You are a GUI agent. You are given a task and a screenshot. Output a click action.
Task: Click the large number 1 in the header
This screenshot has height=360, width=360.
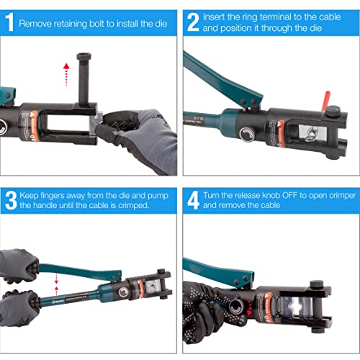(x=9, y=22)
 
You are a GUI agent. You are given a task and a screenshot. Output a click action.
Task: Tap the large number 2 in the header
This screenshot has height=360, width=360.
(x=193, y=22)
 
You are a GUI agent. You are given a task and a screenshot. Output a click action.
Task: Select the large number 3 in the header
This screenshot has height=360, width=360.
(x=11, y=200)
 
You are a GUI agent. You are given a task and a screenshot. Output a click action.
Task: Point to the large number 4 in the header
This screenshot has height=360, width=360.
(x=194, y=200)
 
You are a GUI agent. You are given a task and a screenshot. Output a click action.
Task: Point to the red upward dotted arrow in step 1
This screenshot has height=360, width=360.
(x=66, y=75)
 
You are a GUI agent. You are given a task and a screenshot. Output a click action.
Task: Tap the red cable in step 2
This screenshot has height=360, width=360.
(x=326, y=101)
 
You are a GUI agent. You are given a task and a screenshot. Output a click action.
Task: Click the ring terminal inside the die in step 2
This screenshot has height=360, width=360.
(x=311, y=134)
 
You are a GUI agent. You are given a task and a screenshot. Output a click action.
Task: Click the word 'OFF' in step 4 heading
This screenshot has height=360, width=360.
(x=289, y=195)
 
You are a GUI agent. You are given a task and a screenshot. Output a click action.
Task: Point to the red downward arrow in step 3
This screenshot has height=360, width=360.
(x=56, y=279)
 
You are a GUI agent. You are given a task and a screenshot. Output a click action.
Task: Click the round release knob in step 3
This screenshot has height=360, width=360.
(x=123, y=292)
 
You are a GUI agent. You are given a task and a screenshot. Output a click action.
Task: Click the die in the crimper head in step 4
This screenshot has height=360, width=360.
(x=297, y=309)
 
